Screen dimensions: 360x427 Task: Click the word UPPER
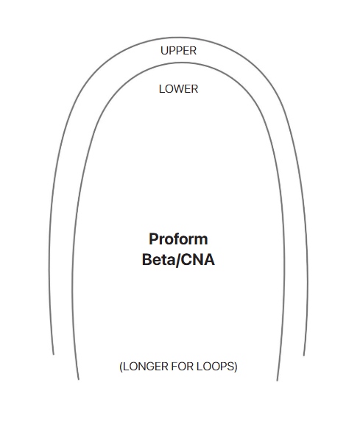point(178,51)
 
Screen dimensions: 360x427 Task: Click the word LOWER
point(178,89)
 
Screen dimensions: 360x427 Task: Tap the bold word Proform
point(178,239)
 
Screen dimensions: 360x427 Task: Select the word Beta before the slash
point(159,259)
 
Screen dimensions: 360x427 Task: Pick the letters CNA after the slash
point(198,259)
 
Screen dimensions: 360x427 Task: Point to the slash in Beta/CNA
point(178,260)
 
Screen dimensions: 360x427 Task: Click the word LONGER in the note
point(146,367)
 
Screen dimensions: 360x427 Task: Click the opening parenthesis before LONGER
point(121,367)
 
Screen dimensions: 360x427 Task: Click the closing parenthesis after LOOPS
point(236,367)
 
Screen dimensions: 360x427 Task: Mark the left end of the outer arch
point(53,354)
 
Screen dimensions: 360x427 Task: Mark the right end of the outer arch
point(304,356)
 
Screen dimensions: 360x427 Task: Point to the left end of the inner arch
point(79,379)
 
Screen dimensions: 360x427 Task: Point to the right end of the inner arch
point(278,381)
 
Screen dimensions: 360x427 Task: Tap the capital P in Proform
point(154,239)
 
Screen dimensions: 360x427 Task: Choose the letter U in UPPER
point(164,51)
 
